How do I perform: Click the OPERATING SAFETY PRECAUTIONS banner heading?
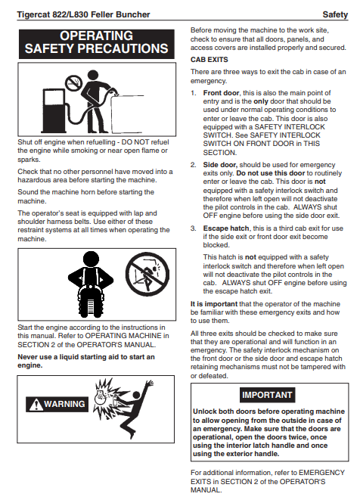click(x=96, y=43)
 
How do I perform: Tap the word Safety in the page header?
click(x=335, y=14)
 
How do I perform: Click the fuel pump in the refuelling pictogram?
click(x=54, y=110)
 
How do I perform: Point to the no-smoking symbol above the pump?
click(x=74, y=83)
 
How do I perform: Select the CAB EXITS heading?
click(x=209, y=60)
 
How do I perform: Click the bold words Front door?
click(x=221, y=93)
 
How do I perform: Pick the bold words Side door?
click(x=220, y=165)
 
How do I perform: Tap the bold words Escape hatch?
click(x=226, y=228)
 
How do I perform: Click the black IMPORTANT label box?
click(x=267, y=395)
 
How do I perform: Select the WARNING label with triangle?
click(x=57, y=405)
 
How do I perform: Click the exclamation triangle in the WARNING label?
click(x=36, y=405)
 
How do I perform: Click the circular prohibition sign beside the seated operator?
click(x=147, y=275)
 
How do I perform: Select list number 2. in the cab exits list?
click(x=193, y=165)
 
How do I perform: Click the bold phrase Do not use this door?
click(x=271, y=173)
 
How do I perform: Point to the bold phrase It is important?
click(x=214, y=304)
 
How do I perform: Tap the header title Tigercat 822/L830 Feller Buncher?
click(x=83, y=14)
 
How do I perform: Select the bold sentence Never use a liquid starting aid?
click(x=86, y=361)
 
